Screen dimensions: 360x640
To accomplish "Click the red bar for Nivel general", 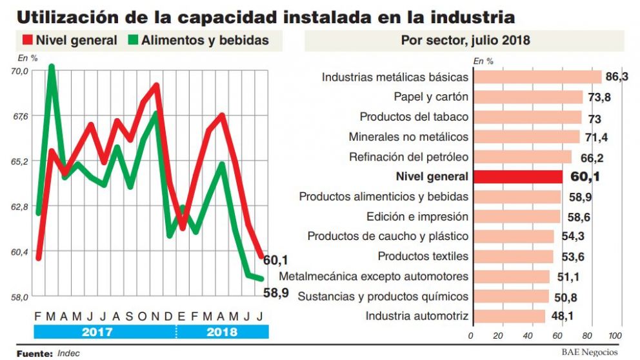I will pyautogui.click(x=517, y=177).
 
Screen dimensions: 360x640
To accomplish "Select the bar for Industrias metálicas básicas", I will pyautogui.click(x=536, y=77).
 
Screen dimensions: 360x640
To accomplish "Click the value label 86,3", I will pyautogui.click(x=617, y=77).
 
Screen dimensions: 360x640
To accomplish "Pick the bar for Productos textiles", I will pyautogui.click(x=512, y=256).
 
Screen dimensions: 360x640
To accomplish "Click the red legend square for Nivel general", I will pyautogui.click(x=24, y=40).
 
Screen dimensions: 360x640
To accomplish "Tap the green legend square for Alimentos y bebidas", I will pyautogui.click(x=133, y=40).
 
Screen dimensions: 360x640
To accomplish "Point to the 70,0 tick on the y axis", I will pyautogui.click(x=21, y=71).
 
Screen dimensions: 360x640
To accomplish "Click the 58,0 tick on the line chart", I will pyautogui.click(x=21, y=297).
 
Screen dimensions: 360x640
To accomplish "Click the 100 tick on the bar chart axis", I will pyautogui.click(x=614, y=336).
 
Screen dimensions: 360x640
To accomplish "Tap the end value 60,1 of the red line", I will pyautogui.click(x=275, y=261).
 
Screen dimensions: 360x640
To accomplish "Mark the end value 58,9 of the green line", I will pyautogui.click(x=276, y=292).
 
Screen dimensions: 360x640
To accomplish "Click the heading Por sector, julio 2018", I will pyautogui.click(x=465, y=41).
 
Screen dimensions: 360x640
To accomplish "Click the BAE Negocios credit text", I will pyautogui.click(x=589, y=352).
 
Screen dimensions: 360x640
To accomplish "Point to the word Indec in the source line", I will pyautogui.click(x=68, y=354).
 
